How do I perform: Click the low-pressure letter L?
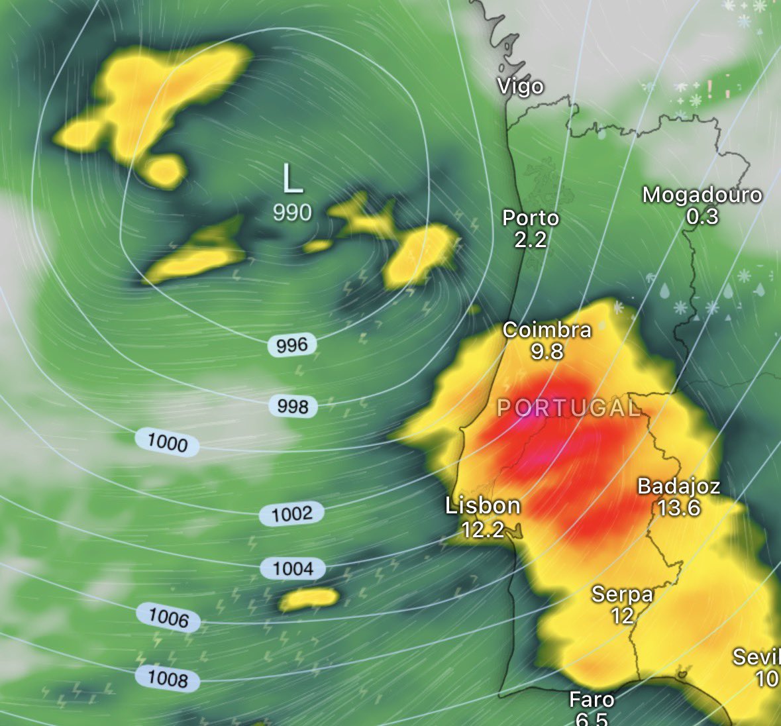click(292, 180)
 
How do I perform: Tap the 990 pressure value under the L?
click(292, 213)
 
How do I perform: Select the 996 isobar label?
click(292, 345)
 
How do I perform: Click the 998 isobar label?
click(293, 406)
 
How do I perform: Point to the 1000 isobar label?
click(167, 442)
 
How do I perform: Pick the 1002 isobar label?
click(291, 513)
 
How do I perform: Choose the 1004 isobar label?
click(293, 568)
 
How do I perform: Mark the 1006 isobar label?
click(168, 618)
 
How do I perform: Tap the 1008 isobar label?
click(168, 678)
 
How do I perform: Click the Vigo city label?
click(521, 87)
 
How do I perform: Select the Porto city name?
click(531, 218)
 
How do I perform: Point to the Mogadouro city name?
click(702, 195)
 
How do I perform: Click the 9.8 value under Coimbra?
click(547, 351)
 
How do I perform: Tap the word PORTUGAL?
click(568, 408)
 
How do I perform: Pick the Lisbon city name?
click(483, 506)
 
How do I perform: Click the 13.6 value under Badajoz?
click(679, 508)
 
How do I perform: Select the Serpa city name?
click(622, 594)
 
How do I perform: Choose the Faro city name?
click(592, 700)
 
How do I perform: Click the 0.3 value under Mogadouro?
click(702, 217)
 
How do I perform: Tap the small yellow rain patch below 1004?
click(309, 599)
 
